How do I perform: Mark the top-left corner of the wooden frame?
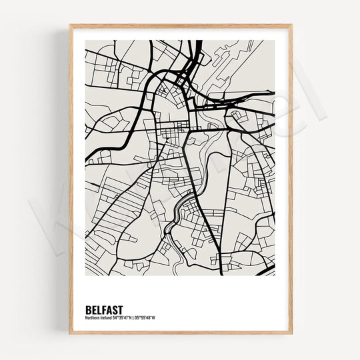point(69,25)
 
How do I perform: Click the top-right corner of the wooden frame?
point(291,25)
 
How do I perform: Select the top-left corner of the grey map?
point(85,41)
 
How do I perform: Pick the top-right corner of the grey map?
point(275,41)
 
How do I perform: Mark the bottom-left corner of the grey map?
point(85,275)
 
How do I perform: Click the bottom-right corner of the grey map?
point(275,275)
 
